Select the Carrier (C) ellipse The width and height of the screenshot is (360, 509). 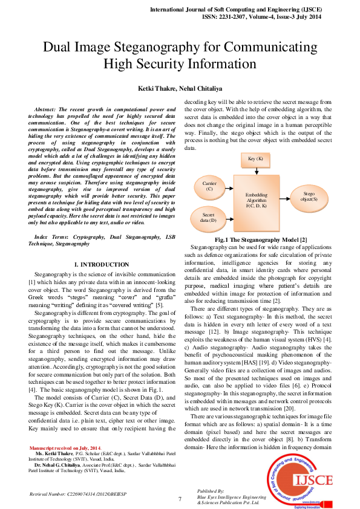click(210, 186)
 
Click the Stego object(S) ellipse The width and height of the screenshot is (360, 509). click(314, 196)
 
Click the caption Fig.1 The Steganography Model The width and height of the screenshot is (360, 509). click(257, 240)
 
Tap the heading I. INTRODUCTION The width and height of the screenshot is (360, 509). click(101, 265)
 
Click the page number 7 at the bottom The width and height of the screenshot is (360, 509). click(180, 499)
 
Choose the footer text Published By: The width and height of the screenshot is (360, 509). click(211, 491)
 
